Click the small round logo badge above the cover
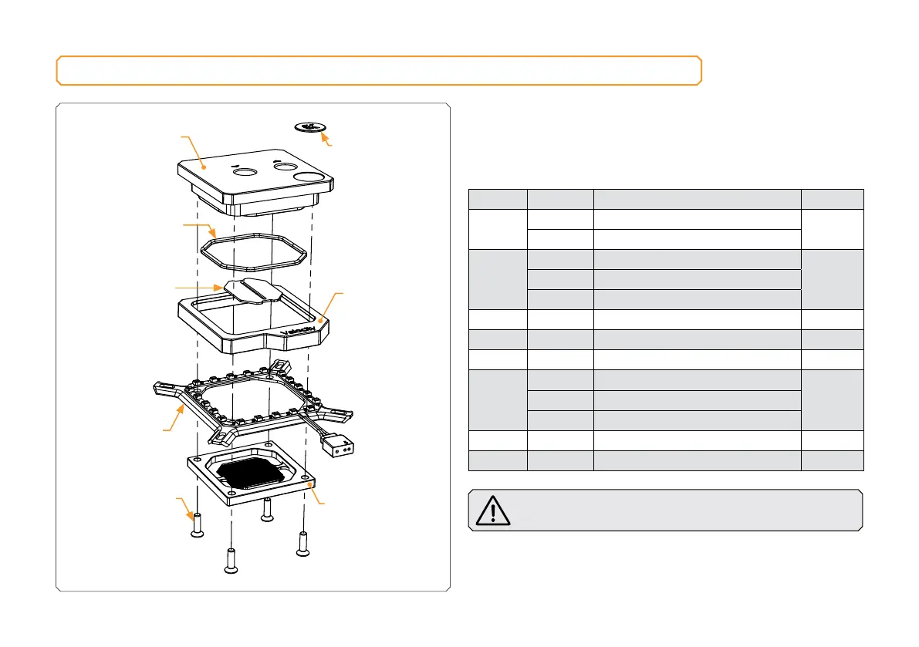[x=309, y=126]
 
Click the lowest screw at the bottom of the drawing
[x=231, y=561]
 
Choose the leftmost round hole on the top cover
[x=247, y=174]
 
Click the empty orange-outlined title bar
[x=379, y=70]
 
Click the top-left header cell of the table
[x=498, y=199]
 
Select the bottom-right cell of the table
[x=833, y=460]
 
